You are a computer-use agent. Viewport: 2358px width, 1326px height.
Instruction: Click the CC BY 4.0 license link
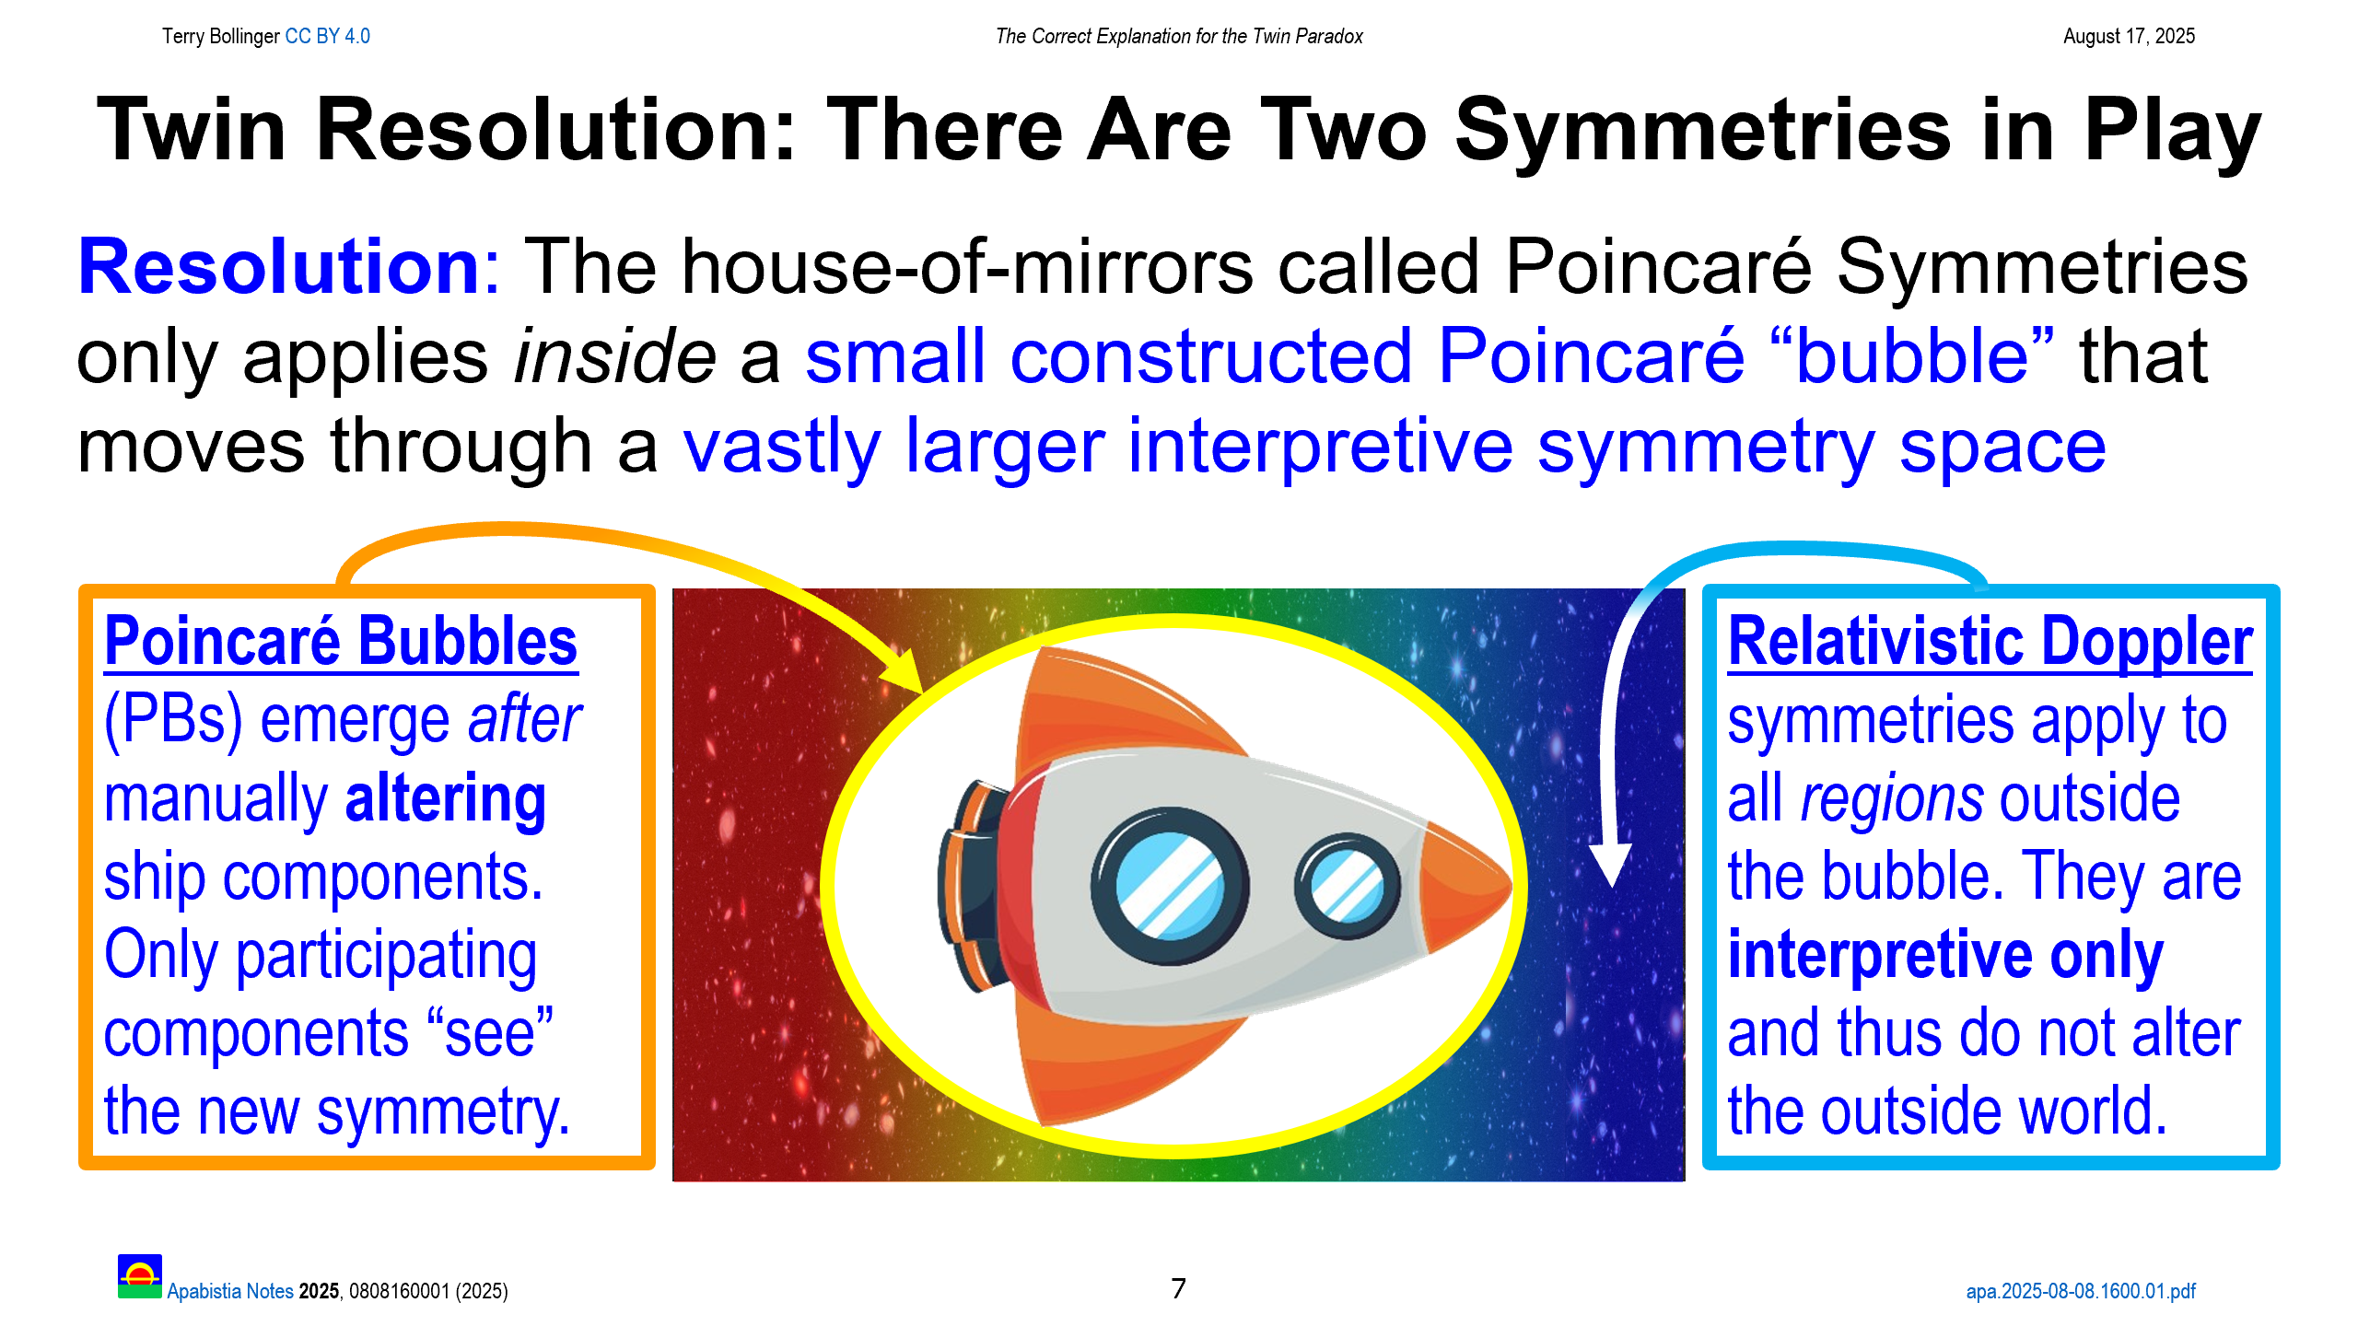[327, 36]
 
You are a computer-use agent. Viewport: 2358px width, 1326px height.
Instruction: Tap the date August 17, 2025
[2129, 36]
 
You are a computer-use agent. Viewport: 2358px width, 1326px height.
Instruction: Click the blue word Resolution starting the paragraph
[278, 266]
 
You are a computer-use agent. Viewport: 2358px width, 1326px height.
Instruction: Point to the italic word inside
[614, 356]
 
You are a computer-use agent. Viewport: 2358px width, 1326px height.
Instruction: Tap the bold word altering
[445, 799]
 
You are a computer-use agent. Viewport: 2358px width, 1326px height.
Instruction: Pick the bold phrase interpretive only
[1945, 956]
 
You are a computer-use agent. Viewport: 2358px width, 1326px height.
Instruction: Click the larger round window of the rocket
[1170, 886]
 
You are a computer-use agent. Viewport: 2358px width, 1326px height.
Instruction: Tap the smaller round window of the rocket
[1347, 886]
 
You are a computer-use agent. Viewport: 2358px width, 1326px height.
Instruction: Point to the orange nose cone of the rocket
[1466, 886]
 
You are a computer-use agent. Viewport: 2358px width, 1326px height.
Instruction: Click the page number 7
[1178, 1288]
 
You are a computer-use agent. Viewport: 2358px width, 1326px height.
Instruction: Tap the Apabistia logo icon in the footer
[140, 1276]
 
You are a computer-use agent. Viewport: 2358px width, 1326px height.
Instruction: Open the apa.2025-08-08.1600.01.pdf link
[2081, 1291]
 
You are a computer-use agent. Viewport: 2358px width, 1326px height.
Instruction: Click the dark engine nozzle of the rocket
[969, 886]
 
